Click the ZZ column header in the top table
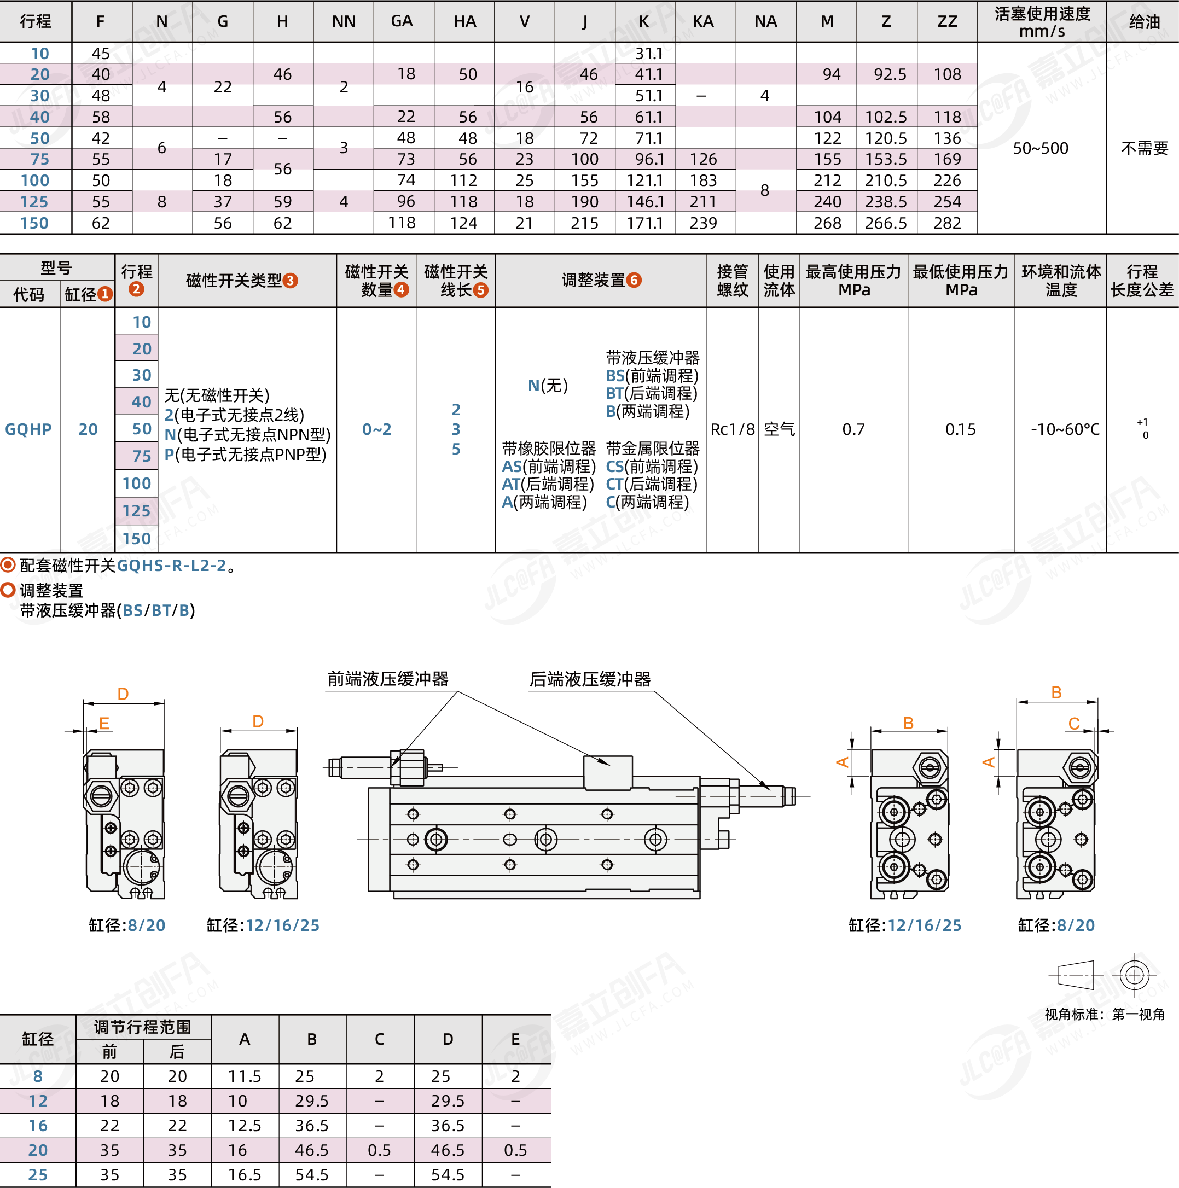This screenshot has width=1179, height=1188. tap(946, 21)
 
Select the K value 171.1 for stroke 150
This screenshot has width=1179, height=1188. tap(644, 223)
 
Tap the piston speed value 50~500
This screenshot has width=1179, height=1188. tap(1041, 148)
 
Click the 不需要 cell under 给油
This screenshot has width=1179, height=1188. tap(1144, 148)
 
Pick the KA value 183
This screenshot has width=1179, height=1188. tap(704, 180)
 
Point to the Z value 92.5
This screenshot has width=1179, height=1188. tap(886, 74)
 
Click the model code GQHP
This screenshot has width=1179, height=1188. tap(28, 429)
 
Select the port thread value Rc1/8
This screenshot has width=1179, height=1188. tap(733, 429)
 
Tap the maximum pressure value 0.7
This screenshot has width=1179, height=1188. tap(853, 429)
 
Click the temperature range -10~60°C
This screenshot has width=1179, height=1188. tap(1065, 429)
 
